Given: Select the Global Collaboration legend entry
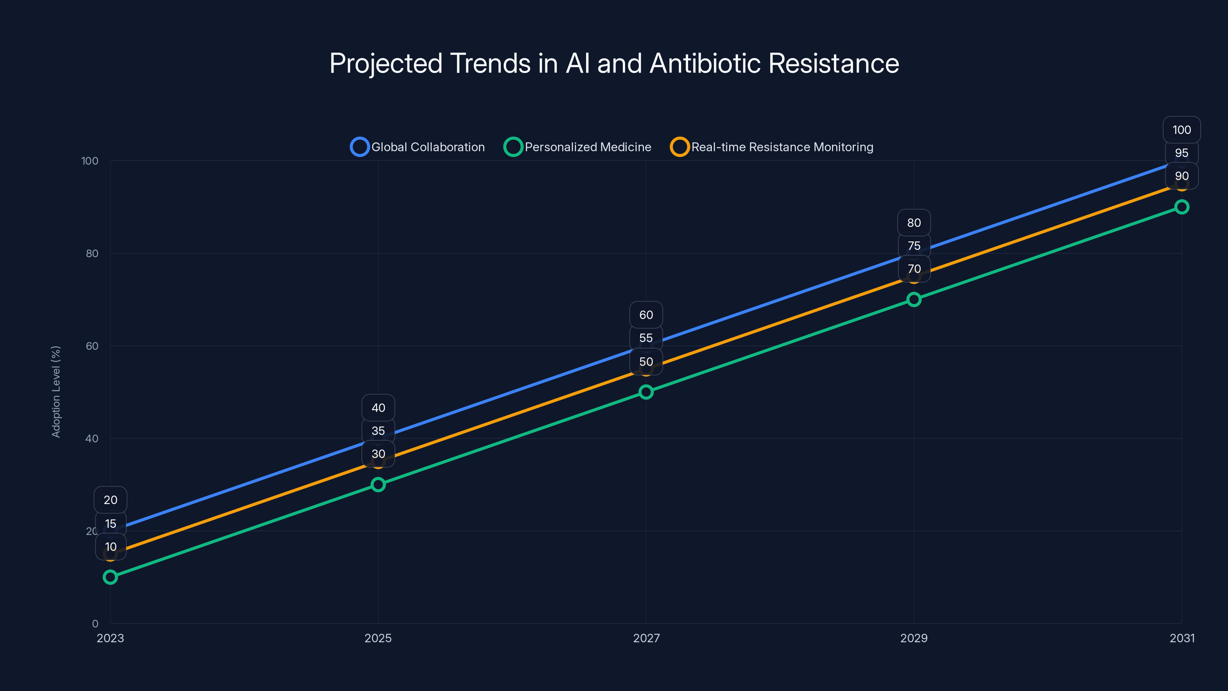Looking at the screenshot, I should (418, 147).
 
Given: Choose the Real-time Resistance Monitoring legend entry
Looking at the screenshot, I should (772, 147).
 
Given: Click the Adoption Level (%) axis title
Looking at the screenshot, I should (56, 392).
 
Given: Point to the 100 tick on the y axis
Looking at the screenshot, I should (90, 161).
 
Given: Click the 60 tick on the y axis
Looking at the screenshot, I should (92, 346).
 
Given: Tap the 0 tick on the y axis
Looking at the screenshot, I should (95, 624).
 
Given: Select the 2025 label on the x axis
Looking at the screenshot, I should (378, 638).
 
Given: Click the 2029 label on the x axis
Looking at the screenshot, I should (914, 638).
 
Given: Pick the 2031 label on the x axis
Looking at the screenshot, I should (1182, 638).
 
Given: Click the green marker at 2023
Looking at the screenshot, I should (110, 577).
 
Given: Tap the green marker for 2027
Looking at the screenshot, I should (646, 392).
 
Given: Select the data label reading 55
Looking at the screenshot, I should (646, 338).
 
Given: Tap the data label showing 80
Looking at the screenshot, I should (914, 223).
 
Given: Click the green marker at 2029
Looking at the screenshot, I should (914, 299).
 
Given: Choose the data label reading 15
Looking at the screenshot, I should (111, 524).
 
